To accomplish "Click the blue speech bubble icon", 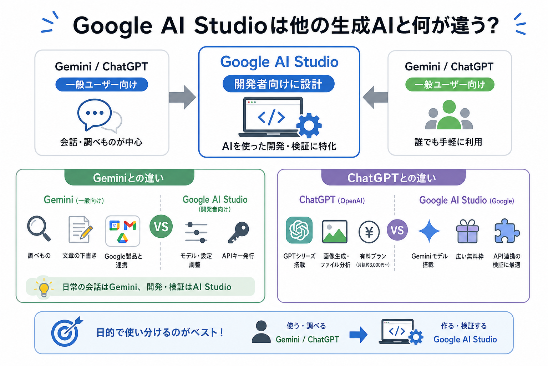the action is click(x=95, y=114).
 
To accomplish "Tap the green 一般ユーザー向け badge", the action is click(x=450, y=85).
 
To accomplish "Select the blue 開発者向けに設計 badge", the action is click(x=278, y=84).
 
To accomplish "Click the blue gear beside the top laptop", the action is click(x=309, y=125).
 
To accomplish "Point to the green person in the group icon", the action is click(x=449, y=114).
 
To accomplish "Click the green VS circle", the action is click(x=161, y=226).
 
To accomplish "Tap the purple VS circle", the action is click(x=397, y=230).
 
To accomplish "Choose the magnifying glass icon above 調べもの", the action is click(x=39, y=228).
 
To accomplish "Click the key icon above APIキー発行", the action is click(x=238, y=232).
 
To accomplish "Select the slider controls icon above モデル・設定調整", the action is click(x=196, y=232).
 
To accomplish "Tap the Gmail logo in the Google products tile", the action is click(x=130, y=226).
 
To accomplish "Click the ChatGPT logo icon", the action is click(x=299, y=230).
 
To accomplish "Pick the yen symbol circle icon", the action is click(x=369, y=232).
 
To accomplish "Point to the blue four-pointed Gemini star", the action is click(x=429, y=231).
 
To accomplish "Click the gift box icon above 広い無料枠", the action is click(x=467, y=231).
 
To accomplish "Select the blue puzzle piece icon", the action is click(x=507, y=231).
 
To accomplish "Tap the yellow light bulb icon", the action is click(x=44, y=288).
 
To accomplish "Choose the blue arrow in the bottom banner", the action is click(x=359, y=335).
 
